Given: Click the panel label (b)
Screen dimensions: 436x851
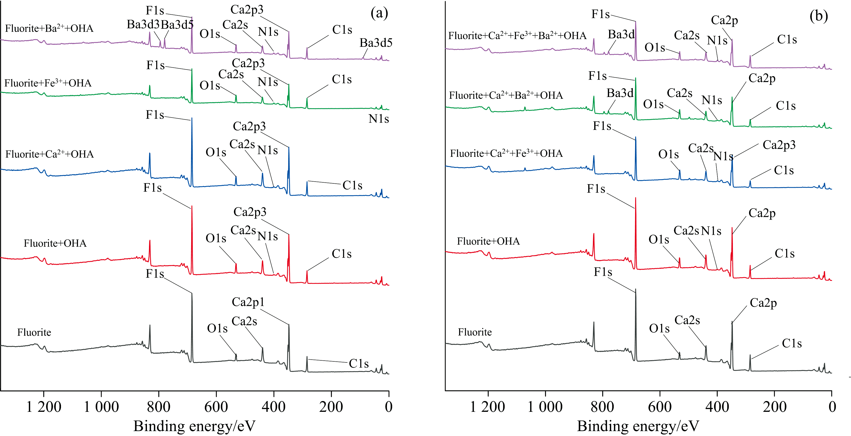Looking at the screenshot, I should [818, 16].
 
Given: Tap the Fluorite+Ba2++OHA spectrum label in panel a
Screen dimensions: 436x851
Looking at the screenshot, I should [49, 28].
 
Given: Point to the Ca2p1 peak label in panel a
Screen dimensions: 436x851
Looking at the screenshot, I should [248, 302].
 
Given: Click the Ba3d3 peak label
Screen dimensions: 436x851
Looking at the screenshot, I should [143, 24].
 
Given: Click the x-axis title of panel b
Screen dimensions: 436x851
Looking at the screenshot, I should [638, 426].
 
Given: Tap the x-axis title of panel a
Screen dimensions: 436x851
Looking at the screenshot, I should [194, 426].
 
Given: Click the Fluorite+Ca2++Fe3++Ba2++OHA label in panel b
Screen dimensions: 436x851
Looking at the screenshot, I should [517, 36].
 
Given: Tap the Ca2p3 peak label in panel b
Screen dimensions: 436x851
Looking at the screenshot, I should [779, 145].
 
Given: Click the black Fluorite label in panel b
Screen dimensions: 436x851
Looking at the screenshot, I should [475, 332].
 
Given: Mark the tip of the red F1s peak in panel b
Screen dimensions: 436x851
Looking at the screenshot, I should [635, 198].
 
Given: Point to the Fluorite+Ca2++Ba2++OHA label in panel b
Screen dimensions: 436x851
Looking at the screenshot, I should [506, 95].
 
